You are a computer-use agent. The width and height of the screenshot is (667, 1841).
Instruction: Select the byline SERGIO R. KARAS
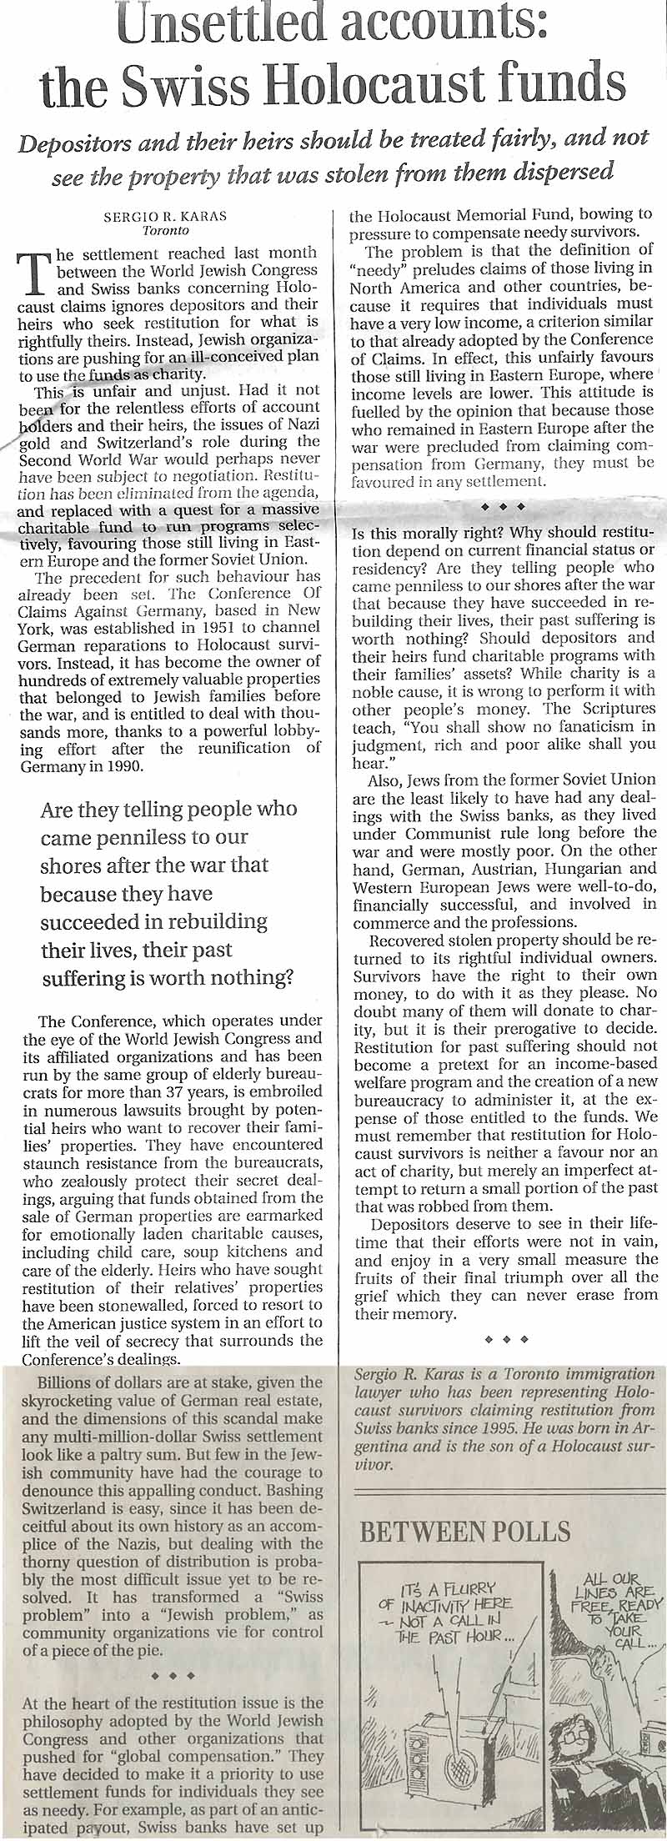click(x=165, y=215)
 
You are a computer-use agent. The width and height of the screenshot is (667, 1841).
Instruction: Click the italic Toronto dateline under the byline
click(x=166, y=230)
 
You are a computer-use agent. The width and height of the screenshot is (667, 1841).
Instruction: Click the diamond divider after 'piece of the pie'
click(x=178, y=1674)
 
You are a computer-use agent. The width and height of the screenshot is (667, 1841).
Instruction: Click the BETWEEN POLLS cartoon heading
click(x=465, y=1531)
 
